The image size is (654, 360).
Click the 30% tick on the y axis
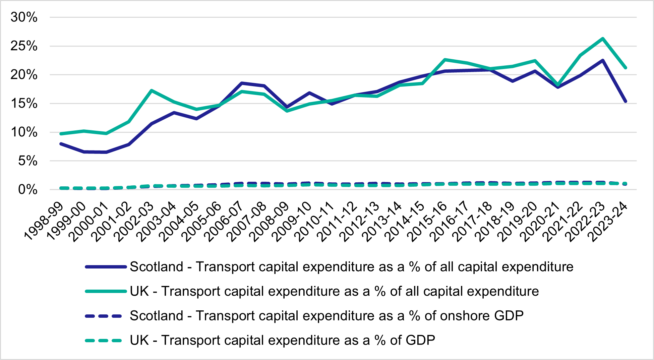pyautogui.click(x=24, y=17)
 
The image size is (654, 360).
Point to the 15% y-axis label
pyautogui.click(x=24, y=104)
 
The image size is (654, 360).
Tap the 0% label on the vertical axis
pyautogui.click(x=27, y=190)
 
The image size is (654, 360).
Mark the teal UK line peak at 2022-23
pyautogui.click(x=603, y=39)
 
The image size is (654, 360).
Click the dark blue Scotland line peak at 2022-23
pyautogui.click(x=603, y=61)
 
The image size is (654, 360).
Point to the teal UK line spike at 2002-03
pyautogui.click(x=152, y=91)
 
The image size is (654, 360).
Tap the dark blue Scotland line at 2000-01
pyautogui.click(x=106, y=152)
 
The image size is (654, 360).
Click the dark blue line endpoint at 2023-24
pyautogui.click(x=625, y=101)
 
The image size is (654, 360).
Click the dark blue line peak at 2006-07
pyautogui.click(x=242, y=83)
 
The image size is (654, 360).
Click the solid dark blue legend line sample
pyautogui.click(x=106, y=267)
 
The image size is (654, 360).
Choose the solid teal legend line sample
pyautogui.click(x=106, y=291)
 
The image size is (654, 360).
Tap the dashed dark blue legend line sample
pyautogui.click(x=104, y=316)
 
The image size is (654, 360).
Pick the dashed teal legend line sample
pyautogui.click(x=104, y=341)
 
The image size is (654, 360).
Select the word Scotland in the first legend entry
pyautogui.click(x=156, y=267)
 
